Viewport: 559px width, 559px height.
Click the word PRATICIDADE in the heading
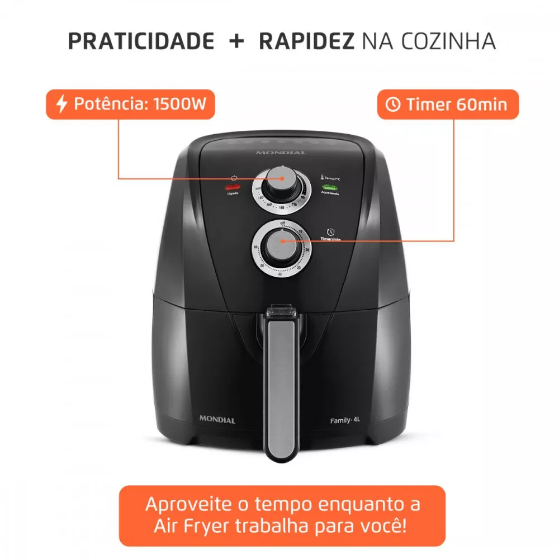pos(141,41)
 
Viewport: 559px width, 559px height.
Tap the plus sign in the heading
pos(236,41)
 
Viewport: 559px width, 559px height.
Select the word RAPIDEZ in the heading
pos(306,41)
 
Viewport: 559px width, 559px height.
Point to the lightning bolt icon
pos(62,104)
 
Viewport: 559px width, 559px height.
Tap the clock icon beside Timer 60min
pos(394,104)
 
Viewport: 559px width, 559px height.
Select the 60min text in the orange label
pos(481,104)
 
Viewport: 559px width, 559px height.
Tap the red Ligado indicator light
pos(232,187)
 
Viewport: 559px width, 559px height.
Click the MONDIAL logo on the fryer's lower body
pos(217,420)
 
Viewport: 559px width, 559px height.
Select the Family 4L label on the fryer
pos(344,420)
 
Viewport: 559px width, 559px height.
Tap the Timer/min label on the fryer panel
pos(331,239)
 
